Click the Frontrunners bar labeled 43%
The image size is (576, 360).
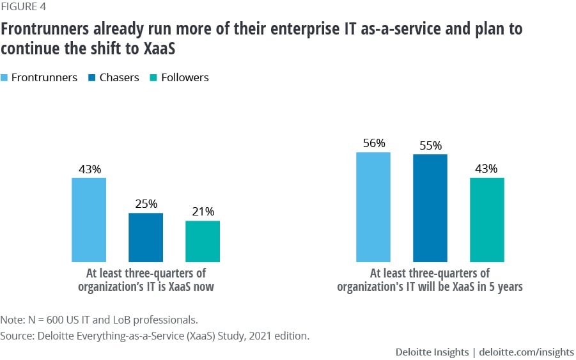pyautogui.click(x=89, y=219)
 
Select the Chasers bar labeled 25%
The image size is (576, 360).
pyautogui.click(x=146, y=237)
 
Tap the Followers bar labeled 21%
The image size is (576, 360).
pyautogui.click(x=203, y=241)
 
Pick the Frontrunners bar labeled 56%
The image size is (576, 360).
pyautogui.click(x=373, y=207)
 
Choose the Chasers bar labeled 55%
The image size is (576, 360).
pyautogui.click(x=430, y=208)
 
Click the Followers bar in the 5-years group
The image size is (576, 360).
pyautogui.click(x=487, y=219)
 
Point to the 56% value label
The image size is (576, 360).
pyautogui.click(x=373, y=143)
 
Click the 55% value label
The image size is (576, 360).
pyautogui.click(x=430, y=145)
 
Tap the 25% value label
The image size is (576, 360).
pyautogui.click(x=146, y=204)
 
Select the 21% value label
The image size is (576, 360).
pyautogui.click(x=203, y=212)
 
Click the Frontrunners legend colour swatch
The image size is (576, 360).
pyautogui.click(x=4, y=78)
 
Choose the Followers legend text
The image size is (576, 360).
pyautogui.click(x=185, y=77)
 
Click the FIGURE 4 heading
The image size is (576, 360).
pyautogui.click(x=23, y=7)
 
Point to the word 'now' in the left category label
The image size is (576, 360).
pyautogui.click(x=203, y=287)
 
